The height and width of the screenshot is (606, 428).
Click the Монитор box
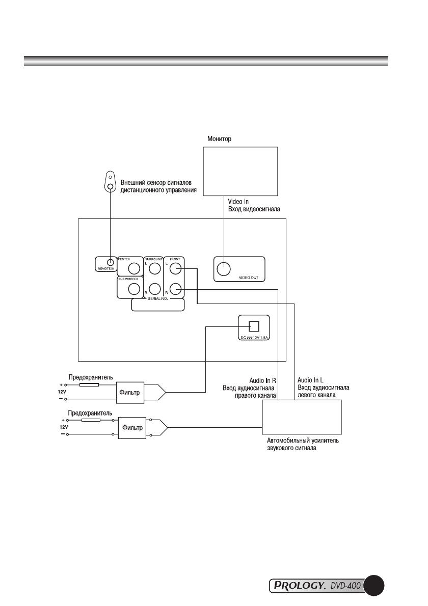(240, 171)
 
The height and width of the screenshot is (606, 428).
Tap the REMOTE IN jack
(111, 262)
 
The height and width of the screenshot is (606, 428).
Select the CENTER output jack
(134, 268)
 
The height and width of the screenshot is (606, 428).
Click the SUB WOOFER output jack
(134, 289)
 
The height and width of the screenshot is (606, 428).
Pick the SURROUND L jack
(155, 268)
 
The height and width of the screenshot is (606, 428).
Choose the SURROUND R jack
(155, 289)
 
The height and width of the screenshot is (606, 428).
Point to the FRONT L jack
(175, 268)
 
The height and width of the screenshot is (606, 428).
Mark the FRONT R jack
(175, 289)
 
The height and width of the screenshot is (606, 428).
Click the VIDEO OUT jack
(224, 268)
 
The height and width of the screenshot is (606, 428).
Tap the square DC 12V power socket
(254, 326)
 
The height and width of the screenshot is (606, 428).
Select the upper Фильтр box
(130, 393)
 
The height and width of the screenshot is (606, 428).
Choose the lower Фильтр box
(132, 428)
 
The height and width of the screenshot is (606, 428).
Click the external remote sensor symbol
(111, 182)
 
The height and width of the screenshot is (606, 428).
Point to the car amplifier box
(302, 417)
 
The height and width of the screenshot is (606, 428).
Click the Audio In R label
(262, 381)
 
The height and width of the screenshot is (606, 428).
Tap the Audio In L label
(310, 380)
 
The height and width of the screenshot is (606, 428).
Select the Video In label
(238, 201)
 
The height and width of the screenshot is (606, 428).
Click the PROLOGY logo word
(298, 586)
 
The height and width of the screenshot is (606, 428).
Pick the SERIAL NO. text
(158, 299)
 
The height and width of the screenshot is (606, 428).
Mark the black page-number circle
(374, 586)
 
